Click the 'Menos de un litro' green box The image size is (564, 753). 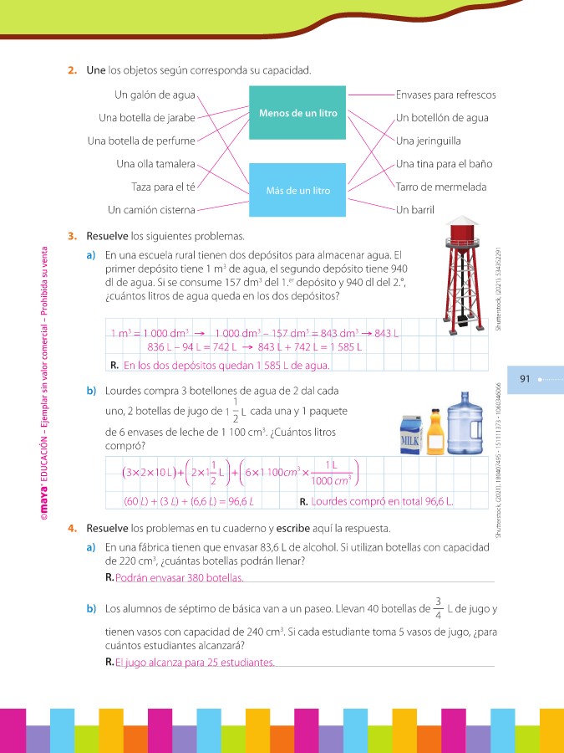297,112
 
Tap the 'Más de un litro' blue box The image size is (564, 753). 297,191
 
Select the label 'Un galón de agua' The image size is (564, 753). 155,95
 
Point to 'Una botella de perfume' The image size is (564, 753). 141,141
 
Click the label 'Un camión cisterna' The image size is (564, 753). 152,209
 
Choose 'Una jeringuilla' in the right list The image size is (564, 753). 429,141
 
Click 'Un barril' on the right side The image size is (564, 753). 415,209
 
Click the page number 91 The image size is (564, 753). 526,379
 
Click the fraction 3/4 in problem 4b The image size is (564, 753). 438,608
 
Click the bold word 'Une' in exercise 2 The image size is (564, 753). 95,70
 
